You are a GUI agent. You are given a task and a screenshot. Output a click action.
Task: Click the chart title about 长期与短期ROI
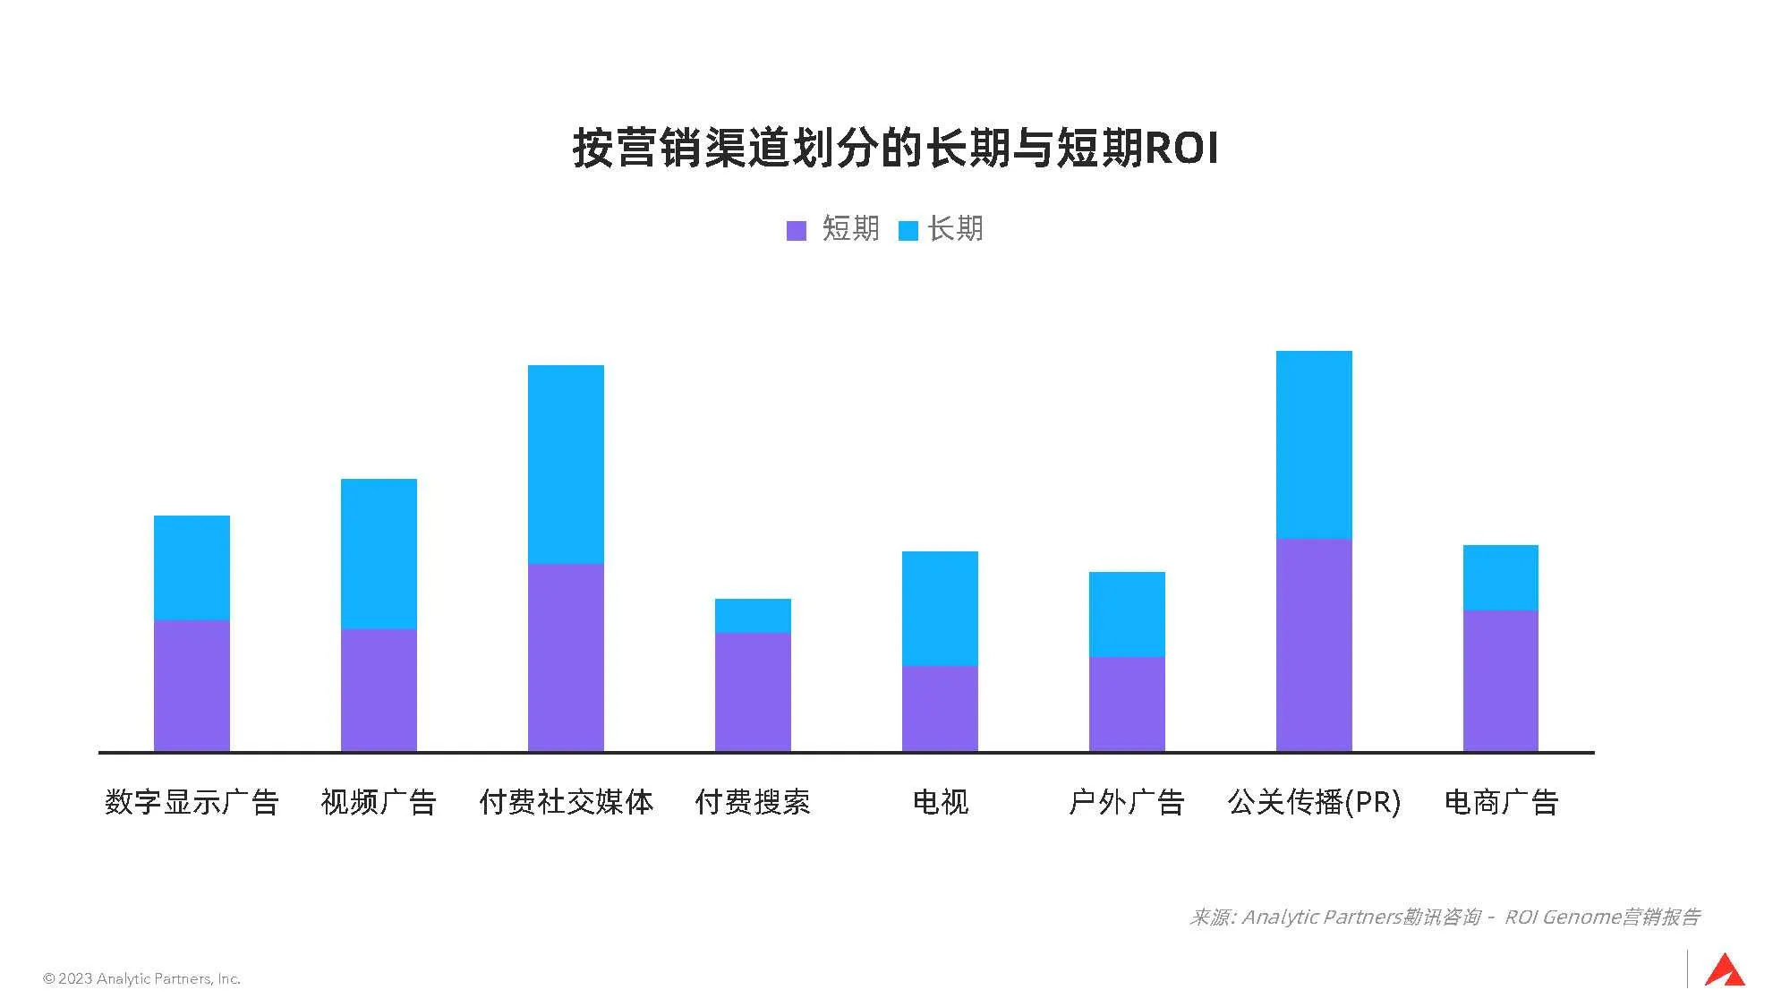[895, 149]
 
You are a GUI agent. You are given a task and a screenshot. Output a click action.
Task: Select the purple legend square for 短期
[796, 231]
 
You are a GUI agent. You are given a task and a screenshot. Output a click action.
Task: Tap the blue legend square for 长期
[908, 231]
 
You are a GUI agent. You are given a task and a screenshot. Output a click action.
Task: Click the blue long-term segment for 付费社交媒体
[566, 464]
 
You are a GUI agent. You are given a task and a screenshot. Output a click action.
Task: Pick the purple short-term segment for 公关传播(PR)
[1314, 644]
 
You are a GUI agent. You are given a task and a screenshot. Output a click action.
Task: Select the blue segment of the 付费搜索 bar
[753, 616]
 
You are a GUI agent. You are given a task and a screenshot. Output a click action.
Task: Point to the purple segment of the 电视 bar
[940, 708]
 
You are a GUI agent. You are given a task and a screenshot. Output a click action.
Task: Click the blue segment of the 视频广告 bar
[379, 553]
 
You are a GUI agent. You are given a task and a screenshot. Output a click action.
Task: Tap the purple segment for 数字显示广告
[192, 686]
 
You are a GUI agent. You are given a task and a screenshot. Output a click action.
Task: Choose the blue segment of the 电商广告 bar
[1501, 577]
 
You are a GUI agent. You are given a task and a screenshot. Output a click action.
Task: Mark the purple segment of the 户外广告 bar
[1127, 704]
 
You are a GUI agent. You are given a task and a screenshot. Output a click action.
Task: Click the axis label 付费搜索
[753, 801]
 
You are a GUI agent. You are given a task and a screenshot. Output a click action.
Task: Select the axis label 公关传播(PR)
[1314, 801]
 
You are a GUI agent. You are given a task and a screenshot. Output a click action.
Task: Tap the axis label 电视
[940, 801]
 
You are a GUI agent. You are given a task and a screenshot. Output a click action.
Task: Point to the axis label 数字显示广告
[192, 801]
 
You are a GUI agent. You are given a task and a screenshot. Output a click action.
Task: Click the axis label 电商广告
[1501, 801]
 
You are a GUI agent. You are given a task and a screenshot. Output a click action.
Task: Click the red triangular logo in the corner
[1725, 971]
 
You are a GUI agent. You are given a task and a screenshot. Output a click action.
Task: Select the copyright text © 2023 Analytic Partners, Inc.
[142, 978]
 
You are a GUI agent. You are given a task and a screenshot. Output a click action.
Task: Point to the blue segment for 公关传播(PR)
[1314, 444]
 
